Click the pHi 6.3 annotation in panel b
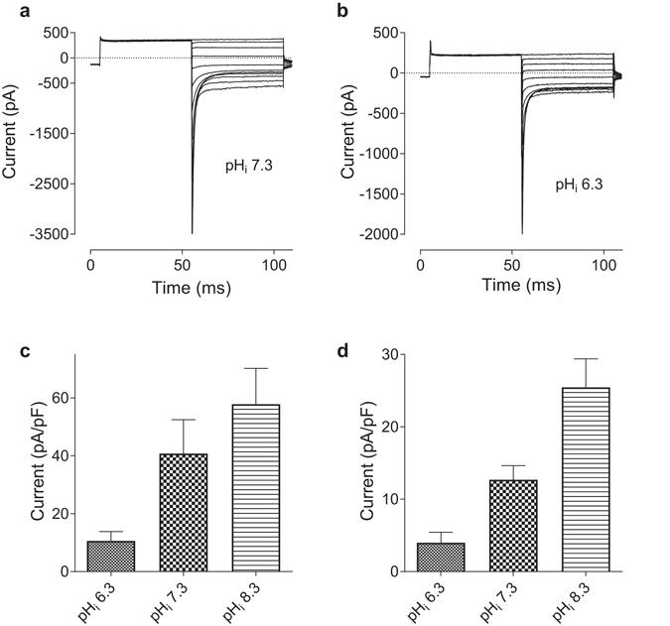574,185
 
